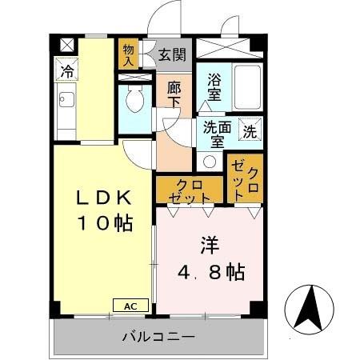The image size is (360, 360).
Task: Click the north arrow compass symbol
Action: [x=311, y=307]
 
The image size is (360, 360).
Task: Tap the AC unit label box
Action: [x=130, y=304]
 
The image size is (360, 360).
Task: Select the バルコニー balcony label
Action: [x=158, y=337]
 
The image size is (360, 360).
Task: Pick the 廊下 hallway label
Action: [x=173, y=96]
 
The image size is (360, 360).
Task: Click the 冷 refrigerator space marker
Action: [x=67, y=70]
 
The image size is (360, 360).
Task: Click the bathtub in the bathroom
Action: [x=248, y=88]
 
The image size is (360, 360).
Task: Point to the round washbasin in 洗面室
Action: [x=210, y=161]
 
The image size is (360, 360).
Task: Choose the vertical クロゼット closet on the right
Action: [x=245, y=178]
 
